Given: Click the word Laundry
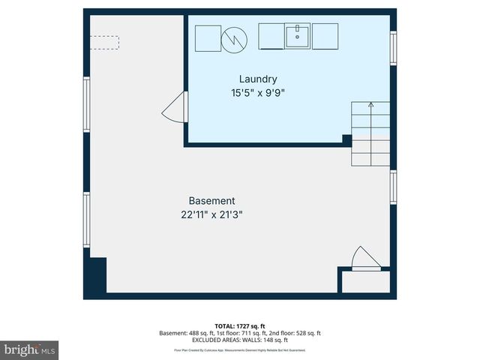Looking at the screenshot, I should pos(259,79).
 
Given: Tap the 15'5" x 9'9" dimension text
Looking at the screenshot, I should pos(259,93).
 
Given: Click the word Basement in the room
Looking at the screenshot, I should pos(211,201).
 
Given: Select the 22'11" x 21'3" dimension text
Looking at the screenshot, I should pos(211,214).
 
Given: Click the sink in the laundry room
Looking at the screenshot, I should pos(297,35).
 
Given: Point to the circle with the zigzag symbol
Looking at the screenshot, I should pos(234,38).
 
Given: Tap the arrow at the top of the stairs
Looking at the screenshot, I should pos(370,106).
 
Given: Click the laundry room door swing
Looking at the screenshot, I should pos(175,110).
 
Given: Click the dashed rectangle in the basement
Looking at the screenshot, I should pos(104,42).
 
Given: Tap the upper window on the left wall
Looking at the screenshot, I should pos(87,105).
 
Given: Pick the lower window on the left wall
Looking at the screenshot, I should pos(87,219).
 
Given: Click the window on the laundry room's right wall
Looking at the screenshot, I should pos(392,48).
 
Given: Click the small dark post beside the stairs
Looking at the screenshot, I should pos(346,139).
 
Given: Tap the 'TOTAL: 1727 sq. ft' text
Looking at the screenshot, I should pos(240,326).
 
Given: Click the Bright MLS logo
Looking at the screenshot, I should pos(29,349).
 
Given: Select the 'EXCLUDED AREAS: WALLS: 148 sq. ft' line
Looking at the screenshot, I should pos(240,339).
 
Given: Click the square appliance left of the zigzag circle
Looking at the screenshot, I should pos(208,37).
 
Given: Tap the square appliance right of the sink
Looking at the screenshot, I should pos(325,36).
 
